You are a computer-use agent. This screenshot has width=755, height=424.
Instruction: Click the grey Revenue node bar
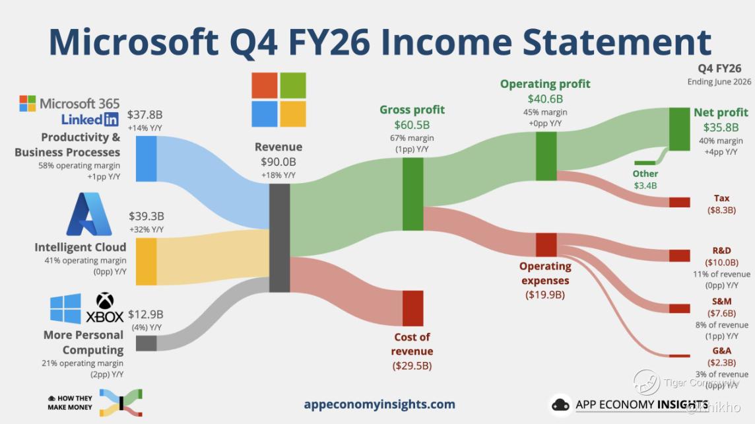[x=279, y=238]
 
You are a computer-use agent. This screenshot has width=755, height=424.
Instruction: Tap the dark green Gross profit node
[x=412, y=194]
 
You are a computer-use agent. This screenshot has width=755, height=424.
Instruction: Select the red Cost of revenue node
[x=412, y=308]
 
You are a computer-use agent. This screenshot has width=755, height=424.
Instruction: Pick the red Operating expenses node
[x=546, y=245]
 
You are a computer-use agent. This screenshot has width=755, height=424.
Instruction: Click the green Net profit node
[x=679, y=129]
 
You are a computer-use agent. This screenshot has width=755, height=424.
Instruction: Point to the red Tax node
[x=679, y=202]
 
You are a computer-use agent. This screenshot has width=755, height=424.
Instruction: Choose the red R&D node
[x=679, y=256]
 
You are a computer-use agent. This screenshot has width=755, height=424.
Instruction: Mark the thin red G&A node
[x=679, y=356]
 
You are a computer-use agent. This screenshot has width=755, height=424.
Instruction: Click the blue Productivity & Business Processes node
[x=146, y=159]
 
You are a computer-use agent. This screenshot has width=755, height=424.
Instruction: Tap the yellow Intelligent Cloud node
[x=146, y=262]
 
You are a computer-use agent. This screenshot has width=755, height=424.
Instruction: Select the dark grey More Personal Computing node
[x=146, y=343]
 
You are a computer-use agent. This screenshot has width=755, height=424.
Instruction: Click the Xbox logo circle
[x=105, y=301]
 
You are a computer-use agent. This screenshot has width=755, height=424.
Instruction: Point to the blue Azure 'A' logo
[x=89, y=215]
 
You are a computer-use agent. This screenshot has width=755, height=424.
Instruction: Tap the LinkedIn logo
[x=90, y=119]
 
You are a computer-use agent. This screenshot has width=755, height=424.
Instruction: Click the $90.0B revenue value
[x=279, y=162]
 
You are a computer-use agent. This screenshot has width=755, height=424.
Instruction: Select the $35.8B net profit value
[x=721, y=127]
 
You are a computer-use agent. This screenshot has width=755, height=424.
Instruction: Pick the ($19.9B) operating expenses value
[x=545, y=295]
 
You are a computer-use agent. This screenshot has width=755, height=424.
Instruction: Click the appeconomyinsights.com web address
[x=379, y=404]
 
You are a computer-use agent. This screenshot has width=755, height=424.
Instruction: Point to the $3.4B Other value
[x=645, y=186]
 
